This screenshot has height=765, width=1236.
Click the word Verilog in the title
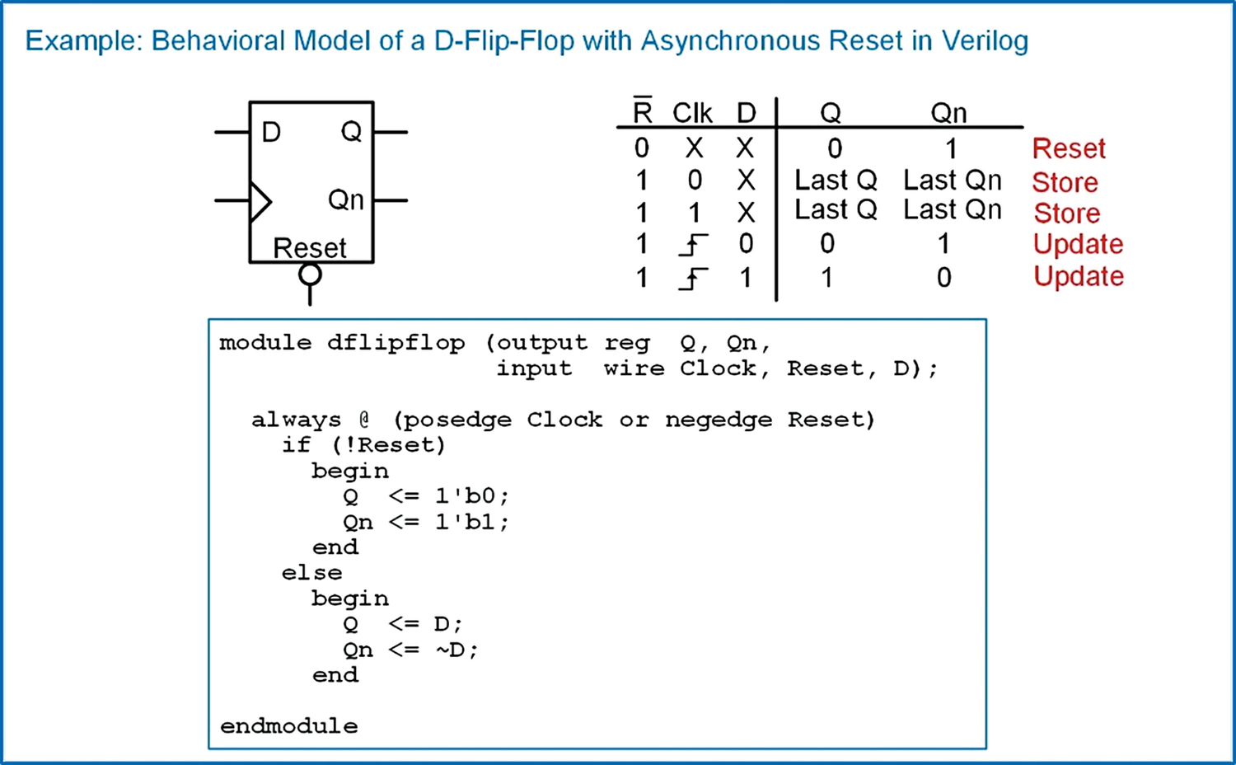click(985, 41)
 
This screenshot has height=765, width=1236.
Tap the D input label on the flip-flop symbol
click(271, 132)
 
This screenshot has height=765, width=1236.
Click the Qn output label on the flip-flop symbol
click(345, 199)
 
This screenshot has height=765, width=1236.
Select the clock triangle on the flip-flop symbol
click(260, 201)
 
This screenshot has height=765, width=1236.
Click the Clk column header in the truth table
click(692, 113)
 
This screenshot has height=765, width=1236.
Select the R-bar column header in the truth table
click(642, 111)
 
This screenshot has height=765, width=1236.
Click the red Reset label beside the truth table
click(1069, 149)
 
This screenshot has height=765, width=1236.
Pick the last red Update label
click(1079, 276)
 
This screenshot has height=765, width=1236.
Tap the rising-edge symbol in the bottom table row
click(693, 279)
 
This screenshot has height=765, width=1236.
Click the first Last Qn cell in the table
click(953, 180)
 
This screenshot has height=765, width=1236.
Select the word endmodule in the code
click(289, 726)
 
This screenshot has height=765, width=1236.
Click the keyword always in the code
click(296, 420)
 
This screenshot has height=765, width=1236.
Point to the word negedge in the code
click(719, 420)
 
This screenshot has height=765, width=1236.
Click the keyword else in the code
click(311, 573)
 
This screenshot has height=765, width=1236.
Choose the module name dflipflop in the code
click(396, 343)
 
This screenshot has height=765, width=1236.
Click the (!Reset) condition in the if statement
click(389, 445)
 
